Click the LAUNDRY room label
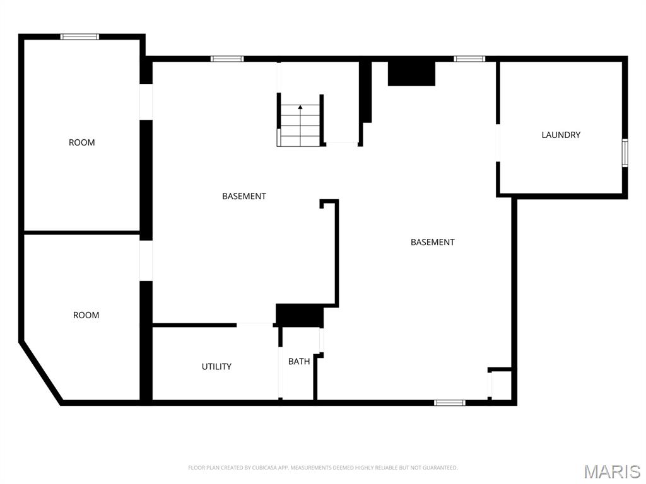point(561,135)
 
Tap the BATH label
point(299,362)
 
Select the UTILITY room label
point(216,367)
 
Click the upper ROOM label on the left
point(82,142)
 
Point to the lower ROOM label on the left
point(86,315)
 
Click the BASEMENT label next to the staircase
point(244,196)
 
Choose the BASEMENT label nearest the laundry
point(433,242)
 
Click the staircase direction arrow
point(300,108)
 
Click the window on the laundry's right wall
point(625,153)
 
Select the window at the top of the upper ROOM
point(79,37)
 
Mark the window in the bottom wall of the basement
point(450,402)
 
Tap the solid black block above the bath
point(300,315)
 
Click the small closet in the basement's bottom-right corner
point(501,384)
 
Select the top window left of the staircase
point(227,59)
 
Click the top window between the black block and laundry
point(469,59)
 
